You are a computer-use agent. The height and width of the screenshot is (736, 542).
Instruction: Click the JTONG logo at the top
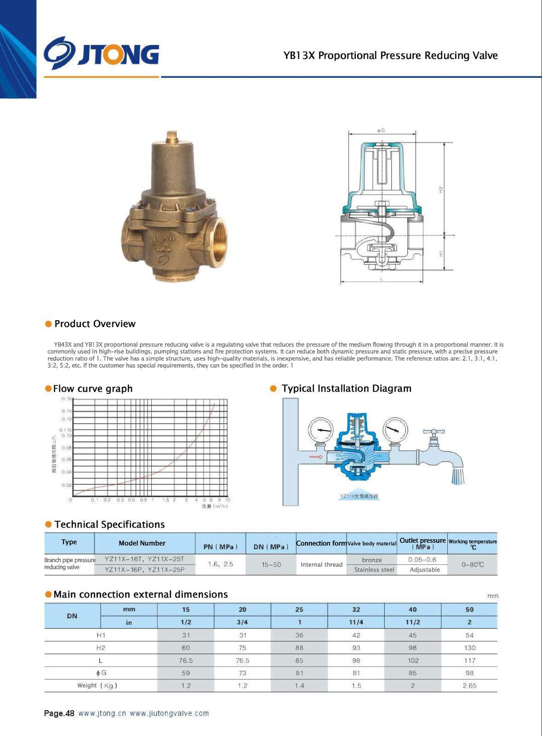coord(102,54)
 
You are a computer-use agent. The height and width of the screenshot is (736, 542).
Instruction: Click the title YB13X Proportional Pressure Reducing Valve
coord(390,56)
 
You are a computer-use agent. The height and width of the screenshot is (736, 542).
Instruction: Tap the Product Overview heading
coord(95,324)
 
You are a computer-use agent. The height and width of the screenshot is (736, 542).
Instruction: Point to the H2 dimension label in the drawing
coord(440,189)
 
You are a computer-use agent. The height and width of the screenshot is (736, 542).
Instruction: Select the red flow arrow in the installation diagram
coord(316,457)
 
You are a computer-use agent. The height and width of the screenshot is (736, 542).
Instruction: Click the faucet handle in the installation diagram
coord(434,432)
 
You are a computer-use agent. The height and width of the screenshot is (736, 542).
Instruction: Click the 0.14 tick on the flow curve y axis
coord(67,411)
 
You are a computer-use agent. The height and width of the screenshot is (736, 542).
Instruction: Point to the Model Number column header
coord(142,543)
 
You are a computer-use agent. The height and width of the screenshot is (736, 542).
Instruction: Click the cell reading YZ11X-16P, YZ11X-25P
coord(144,569)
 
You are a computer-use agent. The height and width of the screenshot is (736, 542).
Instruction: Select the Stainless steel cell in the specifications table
coord(374,569)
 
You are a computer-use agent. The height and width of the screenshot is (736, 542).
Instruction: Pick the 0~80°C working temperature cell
coord(473,564)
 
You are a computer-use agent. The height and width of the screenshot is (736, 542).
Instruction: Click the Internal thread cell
coord(321,564)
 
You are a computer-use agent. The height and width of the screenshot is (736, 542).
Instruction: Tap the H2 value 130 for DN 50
coord(469,648)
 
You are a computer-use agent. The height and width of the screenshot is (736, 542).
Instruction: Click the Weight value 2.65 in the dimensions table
coord(469,685)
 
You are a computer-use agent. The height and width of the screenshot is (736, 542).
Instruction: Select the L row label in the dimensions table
coord(101,661)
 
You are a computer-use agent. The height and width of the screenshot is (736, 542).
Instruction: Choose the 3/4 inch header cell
coord(242,622)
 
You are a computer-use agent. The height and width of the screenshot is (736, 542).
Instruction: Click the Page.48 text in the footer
coord(59,713)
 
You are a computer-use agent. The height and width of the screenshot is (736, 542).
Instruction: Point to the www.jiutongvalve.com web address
coord(169,713)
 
